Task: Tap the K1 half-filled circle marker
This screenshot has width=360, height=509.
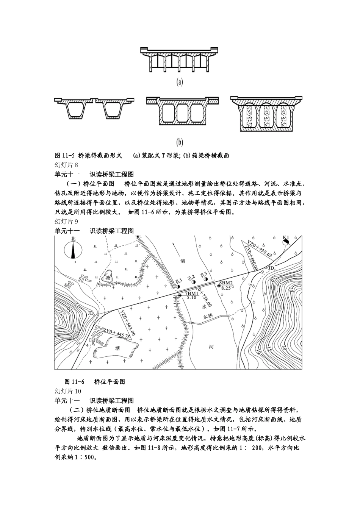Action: [x=286, y=241]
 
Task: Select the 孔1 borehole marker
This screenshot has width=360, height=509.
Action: [x=178, y=286]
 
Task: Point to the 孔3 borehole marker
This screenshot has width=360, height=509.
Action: [x=206, y=279]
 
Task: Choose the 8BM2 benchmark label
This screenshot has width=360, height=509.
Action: [x=226, y=283]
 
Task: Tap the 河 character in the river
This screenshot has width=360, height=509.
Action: [x=211, y=346]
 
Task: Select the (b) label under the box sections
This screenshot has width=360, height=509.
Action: [x=180, y=142]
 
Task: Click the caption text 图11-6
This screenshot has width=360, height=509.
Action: [x=74, y=382]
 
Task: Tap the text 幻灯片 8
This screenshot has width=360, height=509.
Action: [x=66, y=165]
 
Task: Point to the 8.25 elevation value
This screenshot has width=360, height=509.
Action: [x=226, y=288]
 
